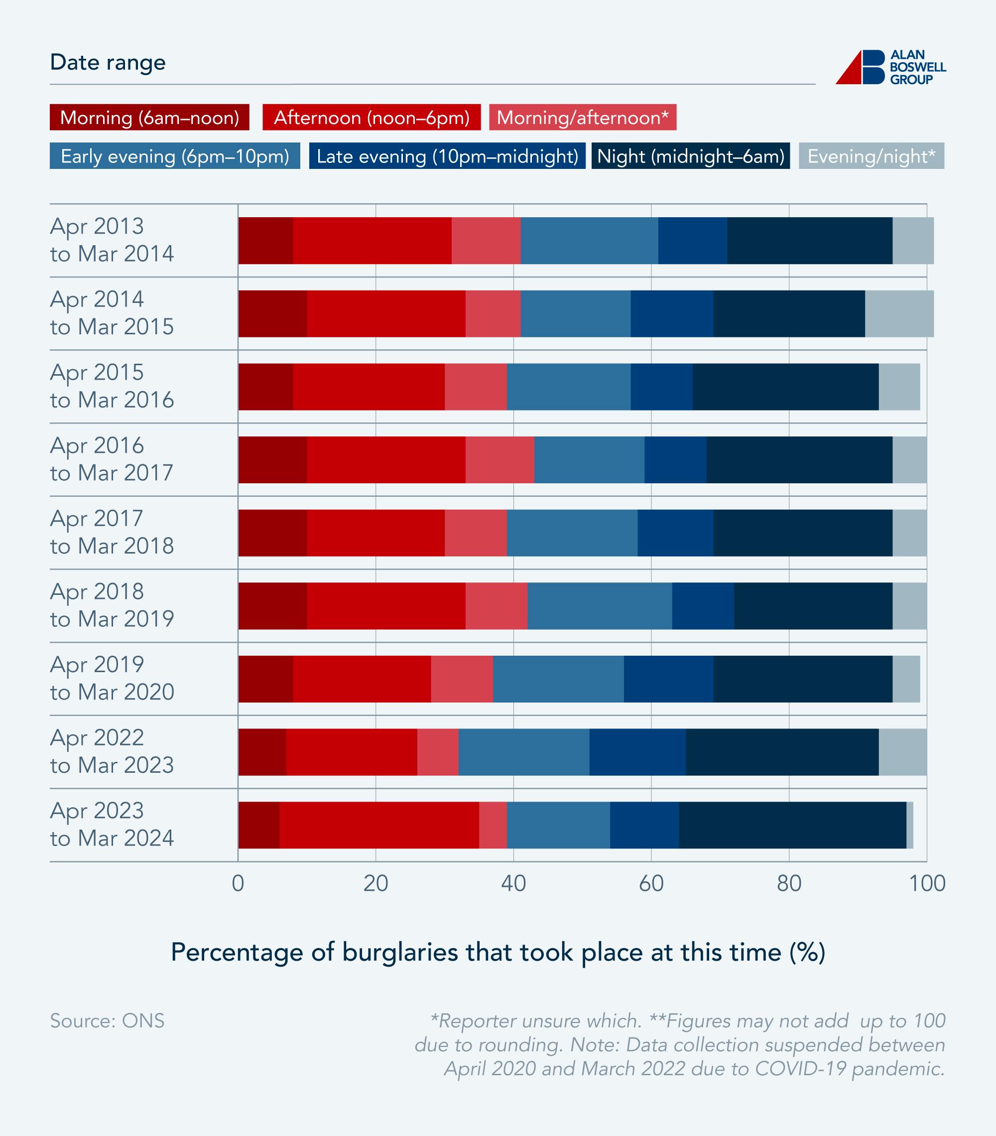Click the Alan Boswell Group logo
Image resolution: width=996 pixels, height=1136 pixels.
[x=890, y=67]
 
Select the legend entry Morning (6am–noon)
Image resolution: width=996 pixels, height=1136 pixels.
[x=149, y=117]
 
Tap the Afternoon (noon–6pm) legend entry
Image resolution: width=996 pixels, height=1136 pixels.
[x=371, y=117]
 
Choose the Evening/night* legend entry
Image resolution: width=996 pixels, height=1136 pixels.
[x=871, y=156]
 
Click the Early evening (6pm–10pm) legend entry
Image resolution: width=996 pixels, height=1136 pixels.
[x=174, y=156]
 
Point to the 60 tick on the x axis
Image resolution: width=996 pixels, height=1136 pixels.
[x=651, y=883]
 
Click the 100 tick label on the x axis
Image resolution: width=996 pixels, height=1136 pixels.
[x=927, y=883]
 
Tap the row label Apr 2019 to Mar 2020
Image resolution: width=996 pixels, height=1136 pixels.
[x=112, y=678]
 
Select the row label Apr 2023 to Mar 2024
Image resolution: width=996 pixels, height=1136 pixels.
[x=112, y=824]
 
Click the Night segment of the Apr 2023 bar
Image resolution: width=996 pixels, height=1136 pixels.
[x=792, y=825]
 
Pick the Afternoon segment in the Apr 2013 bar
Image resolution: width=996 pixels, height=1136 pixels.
[x=372, y=241]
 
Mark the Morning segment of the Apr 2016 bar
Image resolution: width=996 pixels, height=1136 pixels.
[x=272, y=459]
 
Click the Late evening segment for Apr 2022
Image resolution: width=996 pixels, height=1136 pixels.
[x=637, y=752]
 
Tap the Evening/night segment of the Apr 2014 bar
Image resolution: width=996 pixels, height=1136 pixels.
[x=899, y=313]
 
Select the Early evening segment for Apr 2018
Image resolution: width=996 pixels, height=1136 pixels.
[x=600, y=606]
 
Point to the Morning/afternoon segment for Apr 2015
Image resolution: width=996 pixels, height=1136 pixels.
[x=476, y=387]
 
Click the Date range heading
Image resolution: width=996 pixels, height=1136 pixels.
[x=108, y=62]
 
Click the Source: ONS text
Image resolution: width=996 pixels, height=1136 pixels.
[x=107, y=1021]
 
